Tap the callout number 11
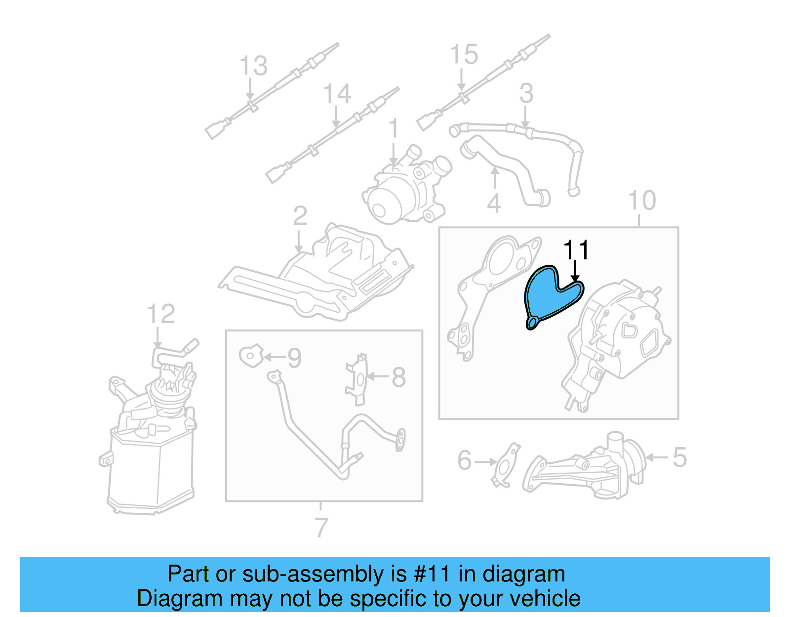(x=576, y=250)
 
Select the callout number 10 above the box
(x=641, y=201)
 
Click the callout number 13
(x=253, y=66)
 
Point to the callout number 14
(x=337, y=93)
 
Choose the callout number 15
(x=464, y=54)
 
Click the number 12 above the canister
(x=161, y=314)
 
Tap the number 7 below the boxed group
(x=321, y=527)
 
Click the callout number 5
(x=679, y=457)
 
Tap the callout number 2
(x=300, y=216)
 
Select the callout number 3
(x=526, y=93)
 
